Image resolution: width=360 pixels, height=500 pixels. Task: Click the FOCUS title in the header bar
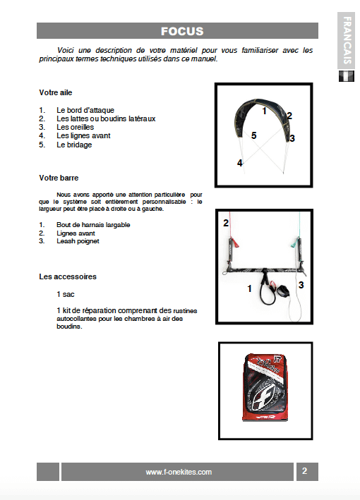(x=182, y=31)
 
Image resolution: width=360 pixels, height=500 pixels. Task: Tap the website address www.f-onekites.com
(x=179, y=472)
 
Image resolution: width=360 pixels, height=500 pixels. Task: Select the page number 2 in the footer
(x=304, y=471)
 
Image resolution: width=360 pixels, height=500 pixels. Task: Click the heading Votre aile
(x=56, y=92)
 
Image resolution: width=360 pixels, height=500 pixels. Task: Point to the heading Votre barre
(x=59, y=178)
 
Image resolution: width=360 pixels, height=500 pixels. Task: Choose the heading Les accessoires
(x=68, y=276)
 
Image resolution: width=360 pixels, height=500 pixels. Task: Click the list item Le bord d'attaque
(x=85, y=110)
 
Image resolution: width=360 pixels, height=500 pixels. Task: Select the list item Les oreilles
(x=75, y=127)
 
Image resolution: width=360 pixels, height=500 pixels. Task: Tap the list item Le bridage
(x=74, y=145)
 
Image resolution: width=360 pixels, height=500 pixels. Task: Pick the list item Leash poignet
(x=78, y=241)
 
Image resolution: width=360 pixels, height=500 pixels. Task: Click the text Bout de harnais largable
(x=93, y=225)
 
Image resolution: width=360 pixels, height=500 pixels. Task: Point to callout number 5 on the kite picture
(x=253, y=135)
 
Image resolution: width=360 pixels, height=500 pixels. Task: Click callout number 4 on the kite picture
(x=240, y=163)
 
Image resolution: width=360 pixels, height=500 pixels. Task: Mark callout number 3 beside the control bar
(x=301, y=285)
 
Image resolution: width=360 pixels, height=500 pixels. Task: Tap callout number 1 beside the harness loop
(x=250, y=288)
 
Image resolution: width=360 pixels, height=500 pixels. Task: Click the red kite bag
(x=265, y=386)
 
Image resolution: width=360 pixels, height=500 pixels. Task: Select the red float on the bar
(x=234, y=242)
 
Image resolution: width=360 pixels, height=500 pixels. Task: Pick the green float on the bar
(x=295, y=242)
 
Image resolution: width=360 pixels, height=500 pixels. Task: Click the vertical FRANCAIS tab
(x=347, y=40)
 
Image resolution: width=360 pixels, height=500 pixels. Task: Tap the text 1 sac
(x=66, y=294)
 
